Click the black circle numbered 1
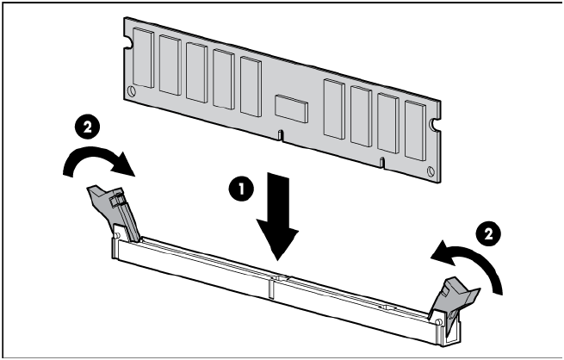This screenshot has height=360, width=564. [x=241, y=189]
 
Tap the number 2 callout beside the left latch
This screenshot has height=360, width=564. [x=88, y=127]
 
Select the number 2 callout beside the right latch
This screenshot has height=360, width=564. [x=488, y=234]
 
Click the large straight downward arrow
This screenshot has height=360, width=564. [x=277, y=216]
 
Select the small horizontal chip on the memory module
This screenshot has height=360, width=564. [x=291, y=109]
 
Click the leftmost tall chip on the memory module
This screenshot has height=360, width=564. [x=144, y=58]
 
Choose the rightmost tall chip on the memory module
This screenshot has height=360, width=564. [x=415, y=130]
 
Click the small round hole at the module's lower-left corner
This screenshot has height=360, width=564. [x=132, y=90]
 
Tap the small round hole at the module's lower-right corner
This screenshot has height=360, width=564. [x=431, y=171]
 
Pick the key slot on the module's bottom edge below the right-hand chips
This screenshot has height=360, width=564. [x=382, y=163]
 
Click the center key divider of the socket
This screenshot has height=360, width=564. [x=271, y=286]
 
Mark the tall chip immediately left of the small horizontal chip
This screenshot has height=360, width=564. [x=251, y=87]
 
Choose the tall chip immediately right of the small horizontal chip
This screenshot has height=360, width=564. [x=334, y=109]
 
